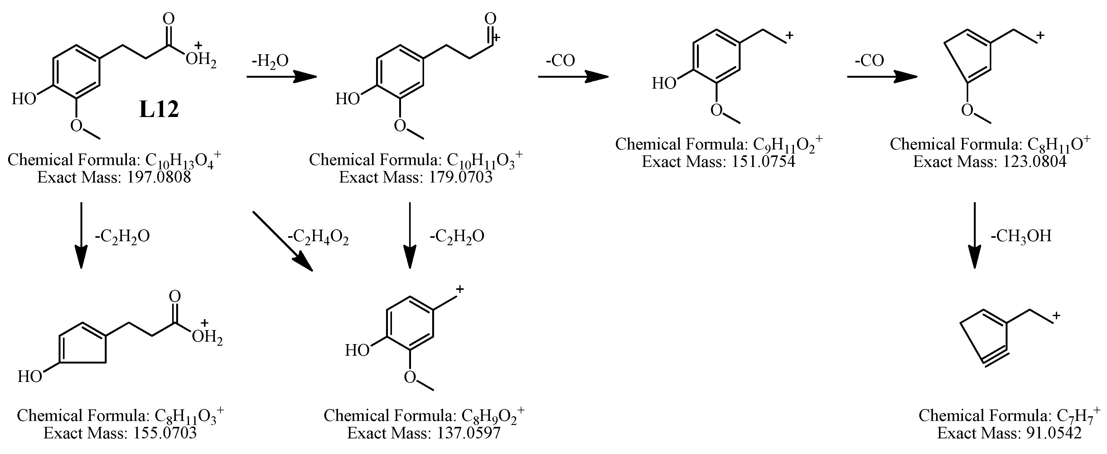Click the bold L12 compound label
tap(159, 110)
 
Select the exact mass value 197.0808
tap(159, 178)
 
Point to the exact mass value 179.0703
tap(460, 178)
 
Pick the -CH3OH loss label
tap(1021, 236)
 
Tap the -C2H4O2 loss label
tap(318, 237)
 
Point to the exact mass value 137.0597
tap(468, 433)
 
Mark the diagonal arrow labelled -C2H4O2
tap(282, 241)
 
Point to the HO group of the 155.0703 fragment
tap(30, 377)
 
